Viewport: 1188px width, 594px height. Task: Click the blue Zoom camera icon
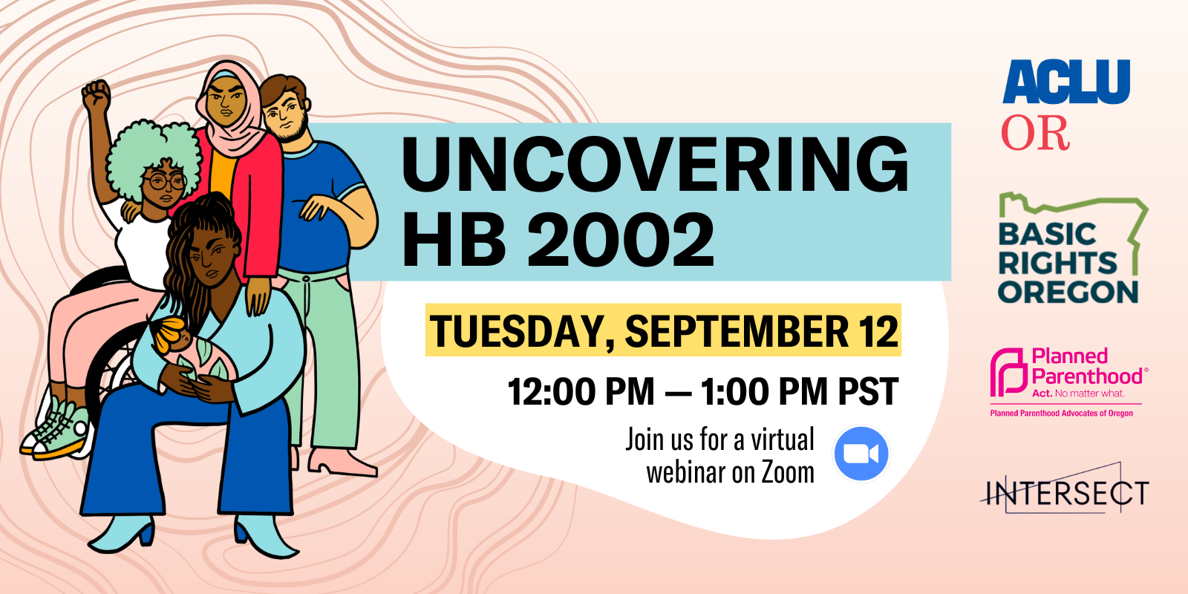tap(861, 454)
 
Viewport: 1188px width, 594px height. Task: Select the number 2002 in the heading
tap(621, 239)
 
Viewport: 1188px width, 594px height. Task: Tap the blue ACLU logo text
tap(1066, 82)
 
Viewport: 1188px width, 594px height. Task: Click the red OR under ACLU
tap(1035, 134)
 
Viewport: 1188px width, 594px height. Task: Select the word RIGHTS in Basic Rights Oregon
tap(1057, 263)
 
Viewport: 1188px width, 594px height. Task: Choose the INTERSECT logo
tap(1065, 492)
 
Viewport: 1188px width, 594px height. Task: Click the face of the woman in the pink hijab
tap(226, 100)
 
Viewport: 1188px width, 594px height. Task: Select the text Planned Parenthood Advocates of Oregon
tap(1061, 414)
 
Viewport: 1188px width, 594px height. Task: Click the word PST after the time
tap(868, 392)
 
